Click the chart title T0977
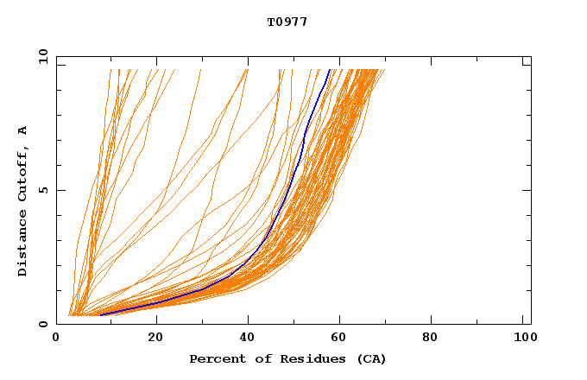pyautogui.click(x=287, y=22)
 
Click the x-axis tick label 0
pyautogui.click(x=57, y=337)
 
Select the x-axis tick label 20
pyautogui.click(x=155, y=337)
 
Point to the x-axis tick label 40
pyautogui.click(x=248, y=337)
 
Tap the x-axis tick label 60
pyautogui.click(x=341, y=337)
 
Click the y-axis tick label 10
pyautogui.click(x=42, y=57)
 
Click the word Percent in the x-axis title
pyautogui.click(x=214, y=359)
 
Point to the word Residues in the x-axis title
pyautogui.click(x=296, y=359)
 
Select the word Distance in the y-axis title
pyautogui.click(x=23, y=245)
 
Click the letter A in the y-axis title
pyautogui.click(x=23, y=131)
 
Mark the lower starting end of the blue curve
pyautogui.click(x=102, y=314)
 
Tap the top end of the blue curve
pyautogui.click(x=329, y=70)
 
